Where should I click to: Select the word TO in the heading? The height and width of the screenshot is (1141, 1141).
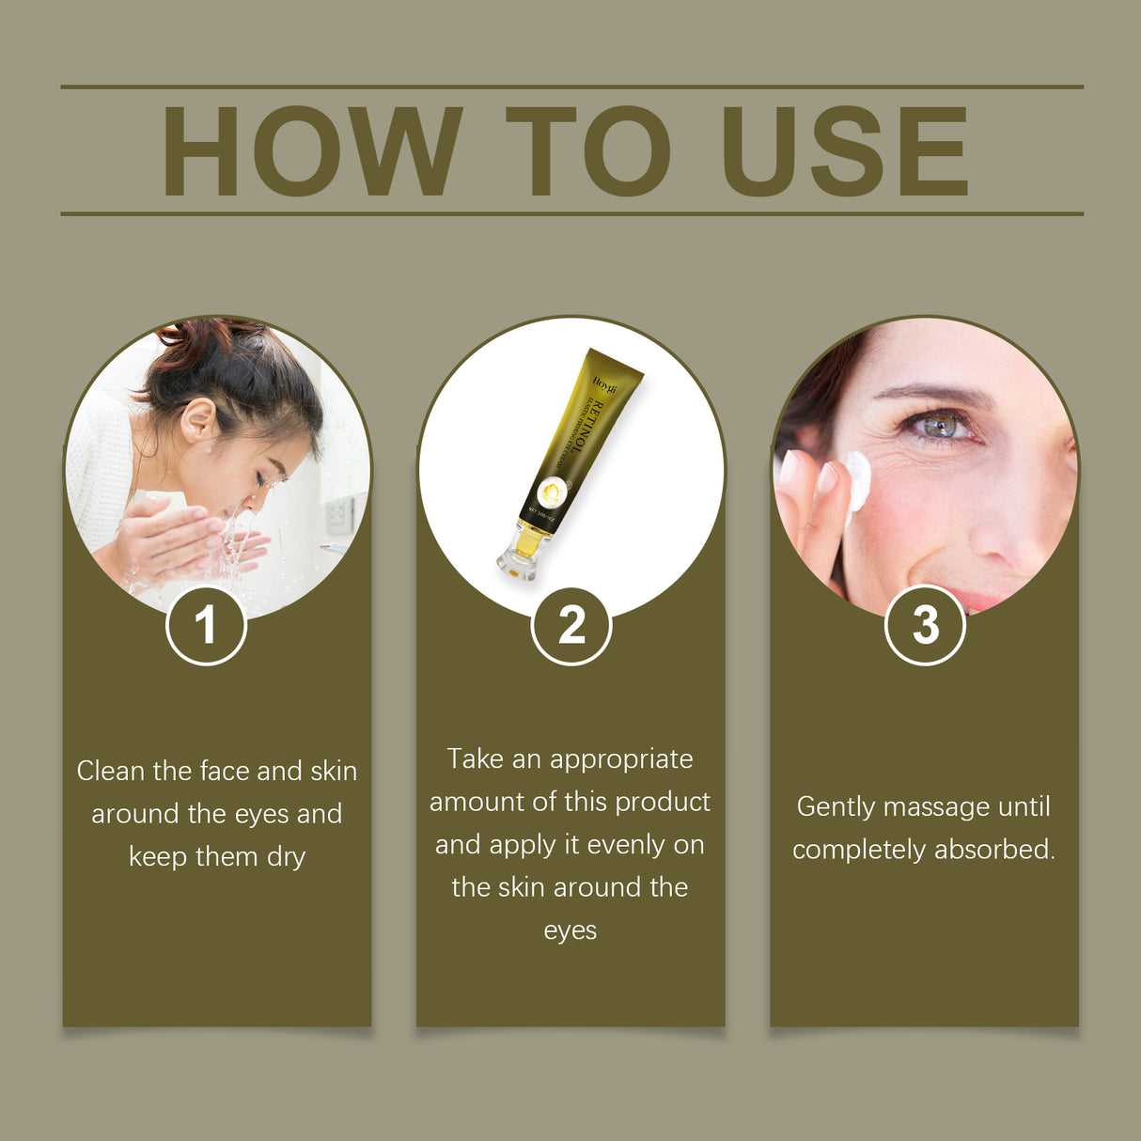pyautogui.click(x=587, y=152)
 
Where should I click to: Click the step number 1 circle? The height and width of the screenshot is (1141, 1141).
pyautogui.click(x=206, y=625)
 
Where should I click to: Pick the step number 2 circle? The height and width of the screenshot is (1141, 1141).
pyautogui.click(x=570, y=625)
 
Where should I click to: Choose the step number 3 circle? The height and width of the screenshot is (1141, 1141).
pyautogui.click(x=925, y=625)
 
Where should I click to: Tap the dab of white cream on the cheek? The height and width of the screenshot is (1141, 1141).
pyautogui.click(x=858, y=478)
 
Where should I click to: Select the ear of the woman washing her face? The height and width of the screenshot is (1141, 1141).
pyautogui.click(x=198, y=420)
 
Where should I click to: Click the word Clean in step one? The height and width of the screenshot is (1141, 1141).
pyautogui.click(x=111, y=772)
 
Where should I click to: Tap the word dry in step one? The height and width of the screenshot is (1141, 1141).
pyautogui.click(x=287, y=858)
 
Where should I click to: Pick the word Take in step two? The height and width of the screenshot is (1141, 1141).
pyautogui.click(x=475, y=759)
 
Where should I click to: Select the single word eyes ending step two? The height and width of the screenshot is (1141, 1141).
pyautogui.click(x=570, y=931)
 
